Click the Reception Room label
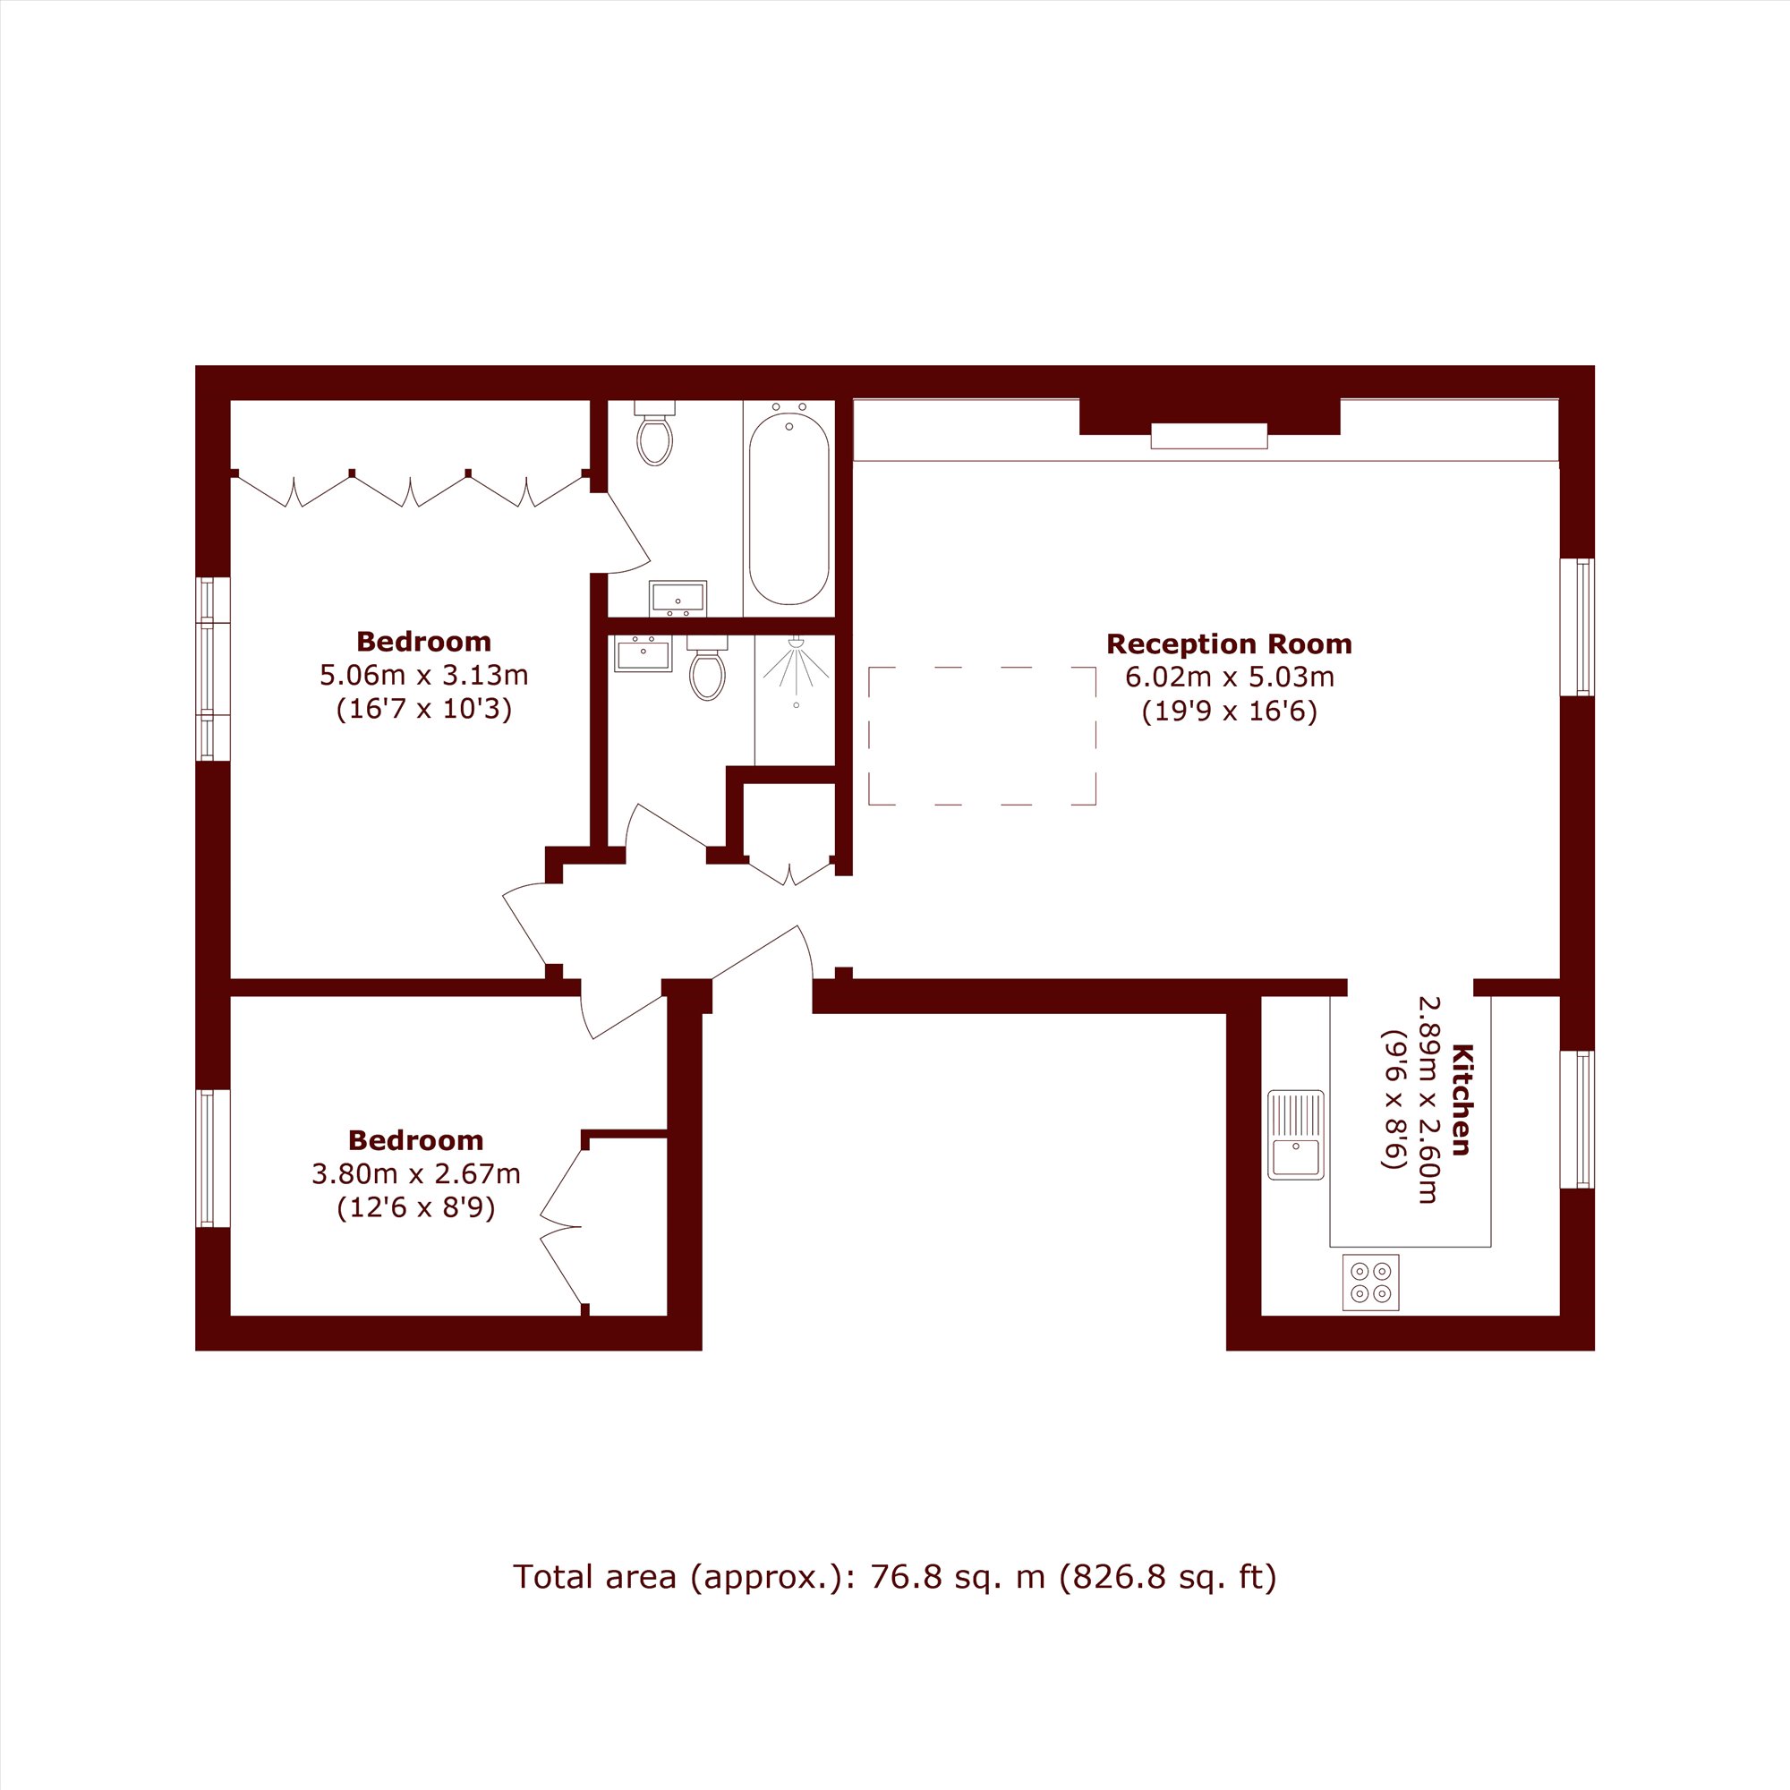1229,644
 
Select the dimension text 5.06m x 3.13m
424,676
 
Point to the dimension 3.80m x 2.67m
416,1174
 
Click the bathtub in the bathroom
788,508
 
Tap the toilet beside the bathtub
655,432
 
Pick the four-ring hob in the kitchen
1370,1283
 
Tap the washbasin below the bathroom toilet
678,599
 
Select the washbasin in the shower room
643,653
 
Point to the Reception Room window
1577,626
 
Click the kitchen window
1577,1120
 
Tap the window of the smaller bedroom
212,1158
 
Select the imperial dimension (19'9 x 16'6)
1229,712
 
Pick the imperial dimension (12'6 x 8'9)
416,1208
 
